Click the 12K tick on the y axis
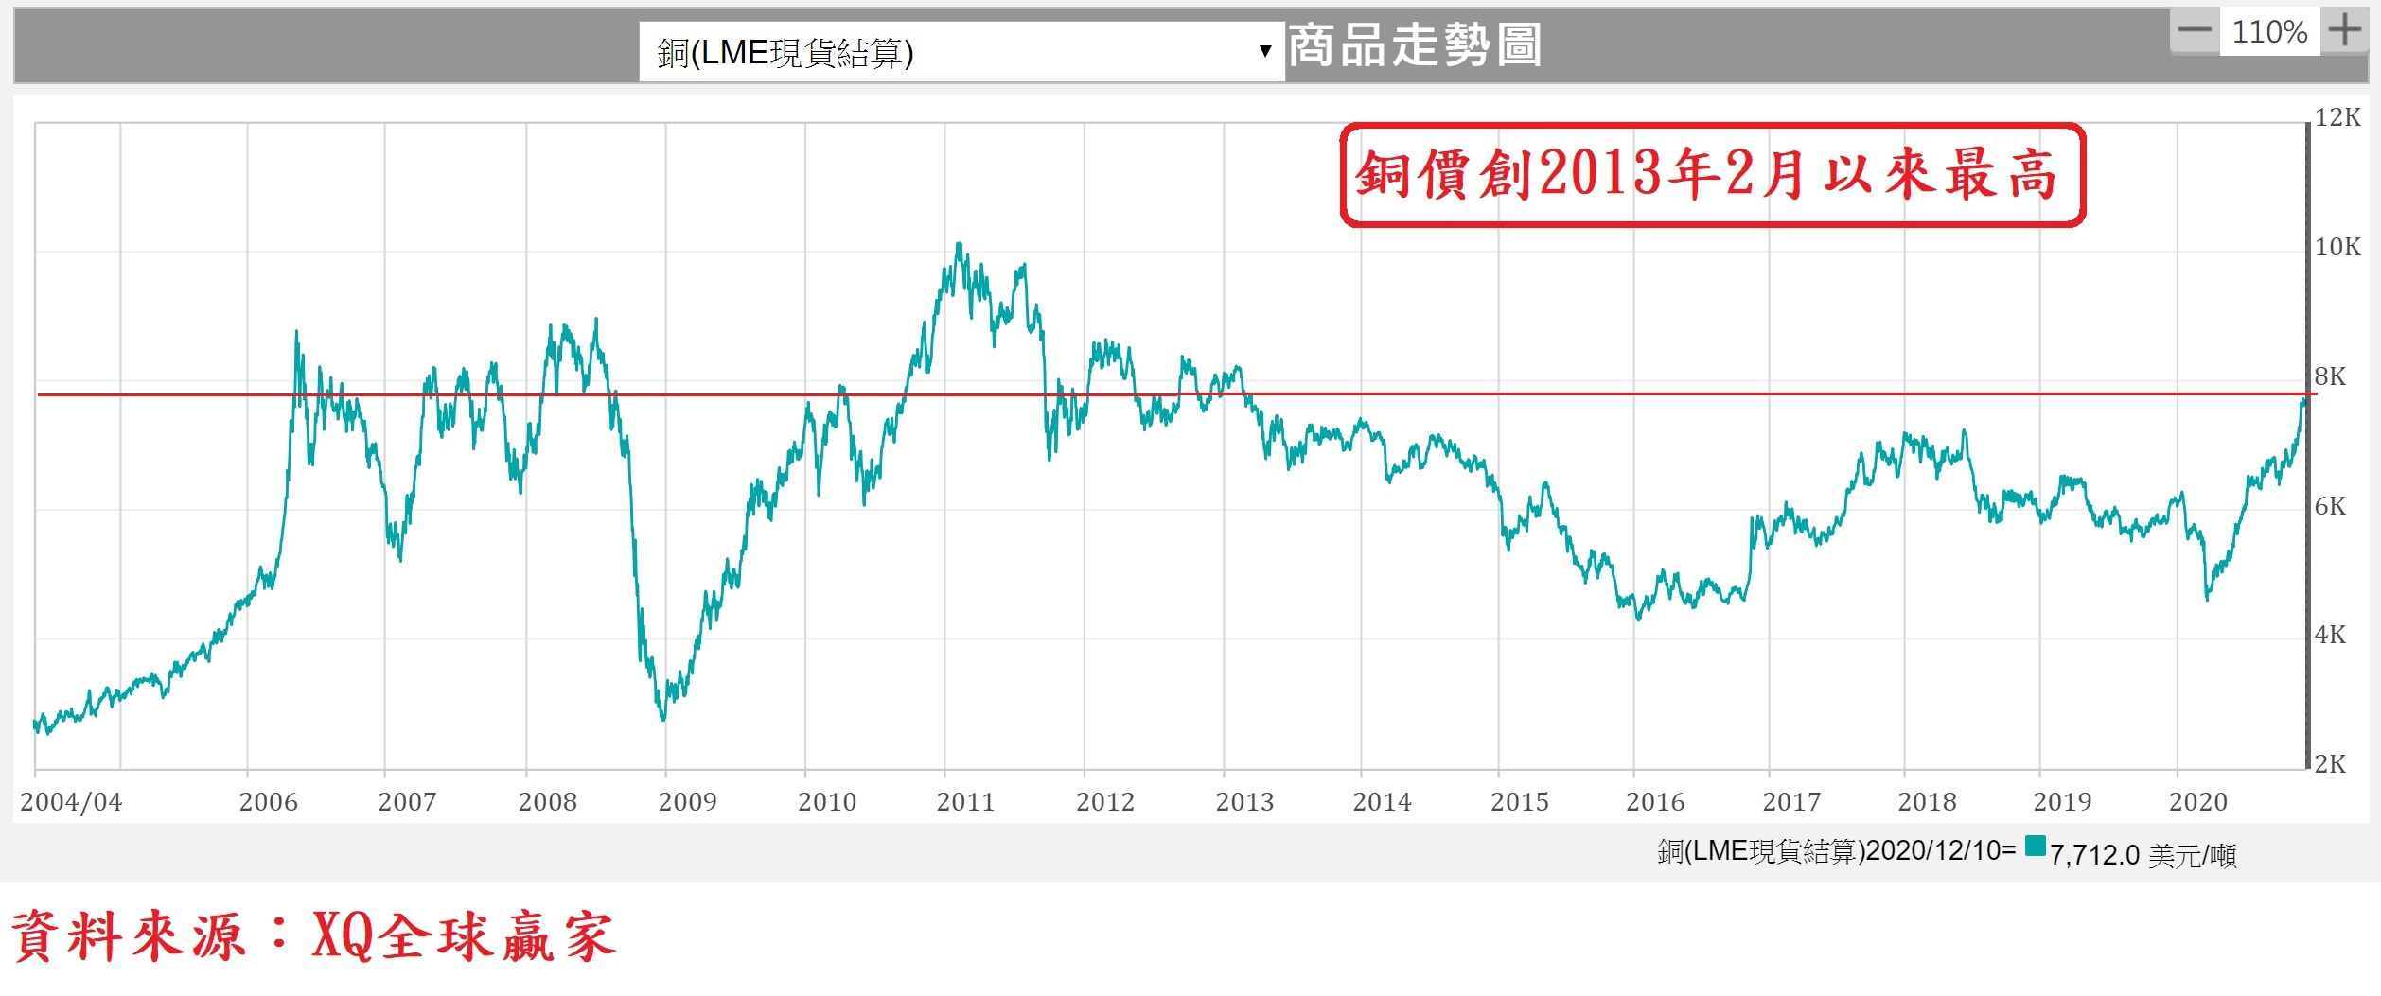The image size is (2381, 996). [x=2337, y=118]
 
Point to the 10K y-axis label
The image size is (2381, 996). [x=2337, y=248]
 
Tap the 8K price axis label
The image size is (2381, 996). [x=2330, y=377]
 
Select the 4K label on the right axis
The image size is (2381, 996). [x=2330, y=635]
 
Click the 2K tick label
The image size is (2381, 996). [x=2330, y=764]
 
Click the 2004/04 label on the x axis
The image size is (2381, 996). [x=71, y=803]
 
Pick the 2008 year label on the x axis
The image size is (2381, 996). [x=547, y=803]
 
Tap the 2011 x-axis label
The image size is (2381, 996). [x=965, y=803]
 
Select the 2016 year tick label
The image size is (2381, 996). [x=1655, y=803]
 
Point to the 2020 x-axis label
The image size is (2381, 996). [x=2197, y=803]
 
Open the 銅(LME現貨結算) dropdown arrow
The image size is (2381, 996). [x=1264, y=51]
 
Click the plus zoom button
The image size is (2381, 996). [x=2345, y=31]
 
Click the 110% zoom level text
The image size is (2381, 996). [x=2268, y=32]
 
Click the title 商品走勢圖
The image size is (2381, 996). [x=1415, y=45]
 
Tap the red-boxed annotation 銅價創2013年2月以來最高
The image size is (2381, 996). [x=1712, y=175]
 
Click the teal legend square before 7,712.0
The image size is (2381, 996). [x=2035, y=846]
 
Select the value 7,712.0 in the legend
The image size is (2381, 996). [x=2094, y=855]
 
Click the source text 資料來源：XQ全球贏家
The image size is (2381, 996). [x=312, y=937]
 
